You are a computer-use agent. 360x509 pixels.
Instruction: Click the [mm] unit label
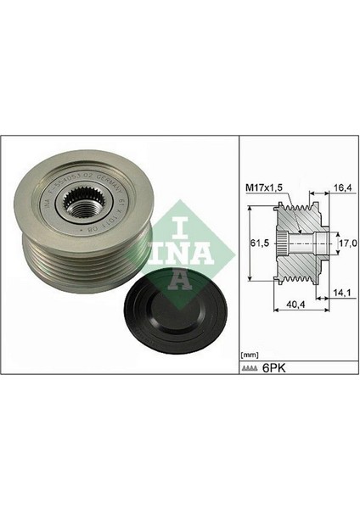click(250, 354)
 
